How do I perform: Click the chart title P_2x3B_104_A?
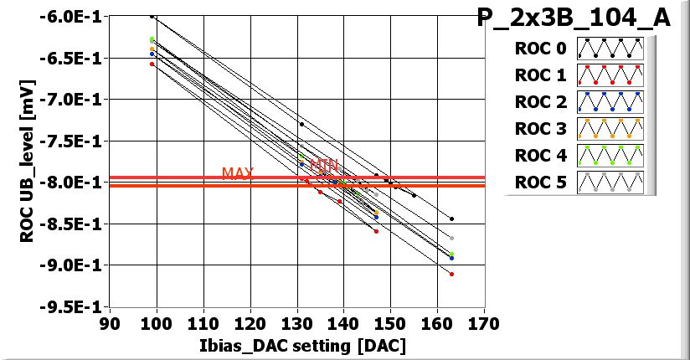point(574,18)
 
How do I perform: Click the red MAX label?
point(238,173)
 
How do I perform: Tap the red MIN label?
point(323,166)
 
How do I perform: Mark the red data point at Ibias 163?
point(452,274)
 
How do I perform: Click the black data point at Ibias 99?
point(152,16)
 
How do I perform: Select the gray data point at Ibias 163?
point(452,239)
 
